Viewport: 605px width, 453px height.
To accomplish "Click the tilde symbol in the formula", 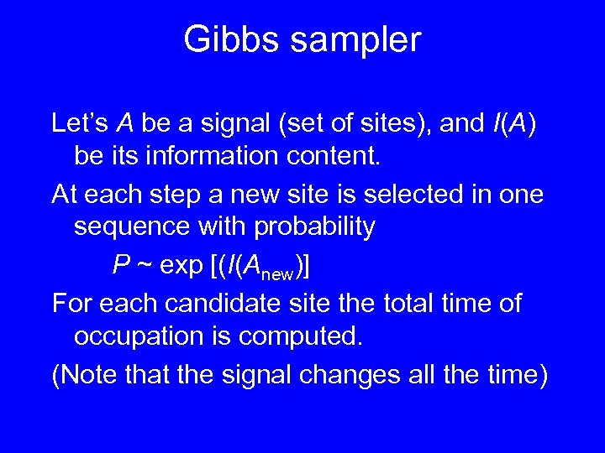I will pos(144,267).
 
